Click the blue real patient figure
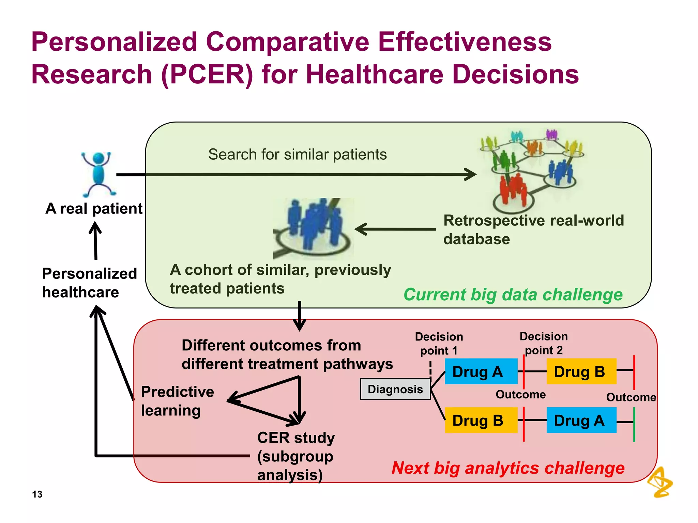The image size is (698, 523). pos(98,174)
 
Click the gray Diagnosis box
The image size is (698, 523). pos(395,389)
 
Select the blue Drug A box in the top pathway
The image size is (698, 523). pos(481,371)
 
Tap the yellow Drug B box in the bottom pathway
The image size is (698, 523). pos(481,420)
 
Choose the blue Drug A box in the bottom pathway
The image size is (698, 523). pos(581,420)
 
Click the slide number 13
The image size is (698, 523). pos(37,494)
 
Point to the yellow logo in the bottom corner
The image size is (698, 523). pos(660,482)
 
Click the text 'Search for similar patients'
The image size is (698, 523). pos(297,155)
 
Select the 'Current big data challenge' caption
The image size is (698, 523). pos(513,295)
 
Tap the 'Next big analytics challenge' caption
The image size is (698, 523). pos(508,468)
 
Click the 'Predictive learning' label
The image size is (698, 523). pos(177,401)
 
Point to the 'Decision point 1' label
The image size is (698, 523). pos(439,343)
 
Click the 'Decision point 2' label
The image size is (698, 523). pos(544,343)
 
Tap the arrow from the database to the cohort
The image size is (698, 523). pos(395,229)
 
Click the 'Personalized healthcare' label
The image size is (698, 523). pos(89,283)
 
